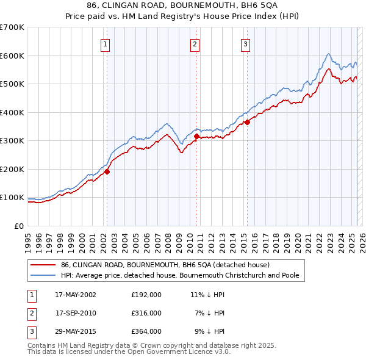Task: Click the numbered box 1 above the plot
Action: coord(106,44)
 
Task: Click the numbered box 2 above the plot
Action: coord(195,44)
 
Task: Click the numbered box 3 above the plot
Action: coord(245,44)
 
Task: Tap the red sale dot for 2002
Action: coord(107,171)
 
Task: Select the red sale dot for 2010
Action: coord(196,137)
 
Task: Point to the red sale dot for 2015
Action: coord(247,123)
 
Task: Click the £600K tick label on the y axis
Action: coord(12,56)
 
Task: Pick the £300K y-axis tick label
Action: coord(12,141)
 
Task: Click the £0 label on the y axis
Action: coord(18,226)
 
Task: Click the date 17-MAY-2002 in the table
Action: coord(76,294)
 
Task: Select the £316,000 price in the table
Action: coord(146,313)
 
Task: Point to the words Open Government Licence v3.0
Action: coord(180,352)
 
